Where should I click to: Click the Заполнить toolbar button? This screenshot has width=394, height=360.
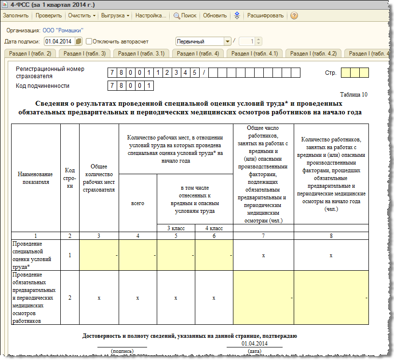pyautogui.click(x=16, y=15)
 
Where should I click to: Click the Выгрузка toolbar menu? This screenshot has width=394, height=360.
pyautogui.click(x=115, y=15)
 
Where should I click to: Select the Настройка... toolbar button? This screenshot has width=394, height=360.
pyautogui.click(x=150, y=15)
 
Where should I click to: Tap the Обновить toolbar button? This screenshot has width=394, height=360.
pyautogui.click(x=215, y=15)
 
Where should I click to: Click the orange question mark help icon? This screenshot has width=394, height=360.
pyautogui.click(x=294, y=15)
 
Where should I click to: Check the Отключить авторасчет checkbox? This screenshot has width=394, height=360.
pyautogui.click(x=89, y=42)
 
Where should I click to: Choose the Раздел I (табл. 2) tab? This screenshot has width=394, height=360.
pyautogui.click(x=30, y=54)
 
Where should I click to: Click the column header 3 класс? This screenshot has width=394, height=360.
pyautogui.click(x=176, y=228)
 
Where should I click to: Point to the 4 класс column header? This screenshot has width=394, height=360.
pyautogui.click(x=214, y=228)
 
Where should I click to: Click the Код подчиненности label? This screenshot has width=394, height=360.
pyautogui.click(x=42, y=86)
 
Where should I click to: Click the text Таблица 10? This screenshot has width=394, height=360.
pyautogui.click(x=353, y=95)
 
